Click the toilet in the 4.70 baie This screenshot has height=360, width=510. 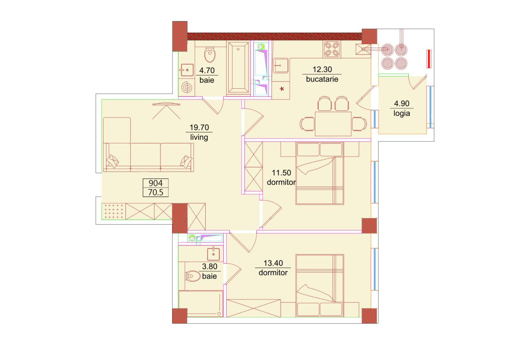(x=210, y=54)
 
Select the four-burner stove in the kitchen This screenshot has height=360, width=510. (x=331, y=49)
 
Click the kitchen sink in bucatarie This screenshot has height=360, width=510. (x=281, y=66)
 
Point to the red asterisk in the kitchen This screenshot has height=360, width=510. (x=282, y=89)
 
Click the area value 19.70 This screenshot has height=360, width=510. (x=199, y=127)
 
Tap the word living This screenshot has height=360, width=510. (x=199, y=137)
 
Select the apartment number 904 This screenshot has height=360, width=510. (x=155, y=183)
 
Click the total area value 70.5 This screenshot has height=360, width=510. (x=156, y=192)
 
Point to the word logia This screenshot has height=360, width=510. (x=402, y=113)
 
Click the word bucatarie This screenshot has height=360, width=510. (x=322, y=79)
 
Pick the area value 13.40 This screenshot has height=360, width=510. (x=273, y=263)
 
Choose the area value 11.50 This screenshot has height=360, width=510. (x=281, y=173)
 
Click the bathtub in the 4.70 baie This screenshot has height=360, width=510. (x=238, y=68)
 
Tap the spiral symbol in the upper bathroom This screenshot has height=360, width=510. (x=187, y=87)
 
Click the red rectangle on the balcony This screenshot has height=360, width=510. (x=429, y=59)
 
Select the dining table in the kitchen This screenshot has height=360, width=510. (x=333, y=123)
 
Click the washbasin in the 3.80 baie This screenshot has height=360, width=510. (x=213, y=254)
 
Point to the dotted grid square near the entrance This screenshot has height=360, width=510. (x=114, y=211)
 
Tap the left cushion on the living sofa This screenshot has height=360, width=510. (x=113, y=161)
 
